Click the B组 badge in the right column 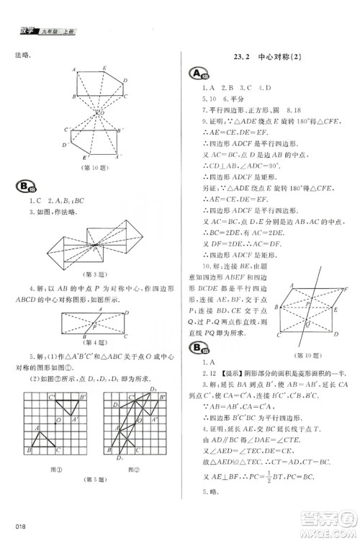pos(195,349)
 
